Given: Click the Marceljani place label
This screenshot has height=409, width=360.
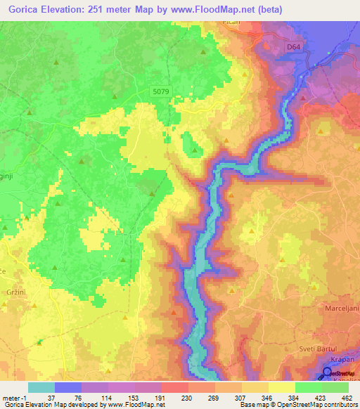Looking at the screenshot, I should coord(339,310).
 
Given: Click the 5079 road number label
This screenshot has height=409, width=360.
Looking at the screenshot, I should coord(161,91).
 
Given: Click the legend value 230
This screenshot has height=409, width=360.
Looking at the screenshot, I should coord(187,397).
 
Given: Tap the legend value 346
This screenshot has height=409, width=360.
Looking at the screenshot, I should coord(268,397).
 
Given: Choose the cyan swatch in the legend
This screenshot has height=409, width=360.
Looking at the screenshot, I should coord(41,387).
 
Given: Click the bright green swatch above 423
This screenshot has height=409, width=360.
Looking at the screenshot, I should coord(309,387).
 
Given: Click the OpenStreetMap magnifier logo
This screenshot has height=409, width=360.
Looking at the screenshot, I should coord(327,375).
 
